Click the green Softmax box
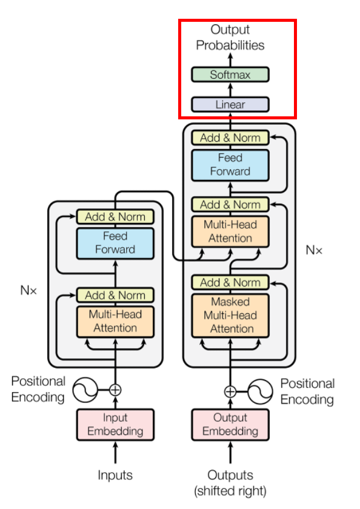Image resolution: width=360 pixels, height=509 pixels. pos(230,75)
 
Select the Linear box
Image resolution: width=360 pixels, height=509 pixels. pos(230,104)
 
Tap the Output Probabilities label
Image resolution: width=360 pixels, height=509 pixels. pos(230,38)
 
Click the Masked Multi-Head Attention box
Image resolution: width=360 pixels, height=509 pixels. pos(230,316)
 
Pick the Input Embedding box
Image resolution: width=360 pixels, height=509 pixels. pos(115,425)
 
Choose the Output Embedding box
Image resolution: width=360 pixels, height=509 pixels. pos(230,425)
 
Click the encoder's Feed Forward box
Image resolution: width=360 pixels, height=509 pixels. pos(115,244)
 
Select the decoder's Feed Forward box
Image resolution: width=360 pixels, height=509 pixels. pos(230,165)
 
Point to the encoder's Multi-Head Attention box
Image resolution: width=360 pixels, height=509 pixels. pos(115,322)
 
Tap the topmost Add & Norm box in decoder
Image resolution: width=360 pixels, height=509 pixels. pos(230,138)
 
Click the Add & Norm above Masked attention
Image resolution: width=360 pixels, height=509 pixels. pos(230,282)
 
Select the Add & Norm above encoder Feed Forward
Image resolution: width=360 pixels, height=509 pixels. pos(115,216)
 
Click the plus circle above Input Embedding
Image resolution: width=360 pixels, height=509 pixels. pos(115,390)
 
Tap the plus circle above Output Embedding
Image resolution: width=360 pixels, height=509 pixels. pos(230,392)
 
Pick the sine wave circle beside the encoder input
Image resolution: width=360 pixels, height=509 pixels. pos(85,390)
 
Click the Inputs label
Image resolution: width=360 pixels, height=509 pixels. pos(115,475)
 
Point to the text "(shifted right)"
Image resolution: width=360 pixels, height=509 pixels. pos(230,491)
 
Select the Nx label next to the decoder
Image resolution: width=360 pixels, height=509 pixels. pos(314,250)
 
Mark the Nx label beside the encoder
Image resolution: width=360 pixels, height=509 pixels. pos(28,290)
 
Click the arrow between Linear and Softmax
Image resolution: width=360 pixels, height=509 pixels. pos(230,90)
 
